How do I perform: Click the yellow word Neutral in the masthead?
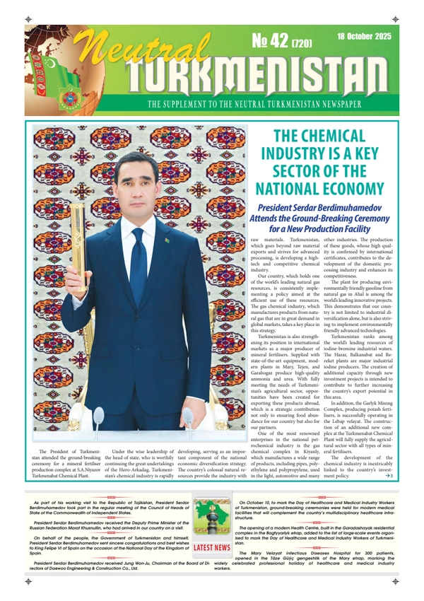point(131,53)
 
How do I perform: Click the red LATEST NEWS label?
point(212,547)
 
